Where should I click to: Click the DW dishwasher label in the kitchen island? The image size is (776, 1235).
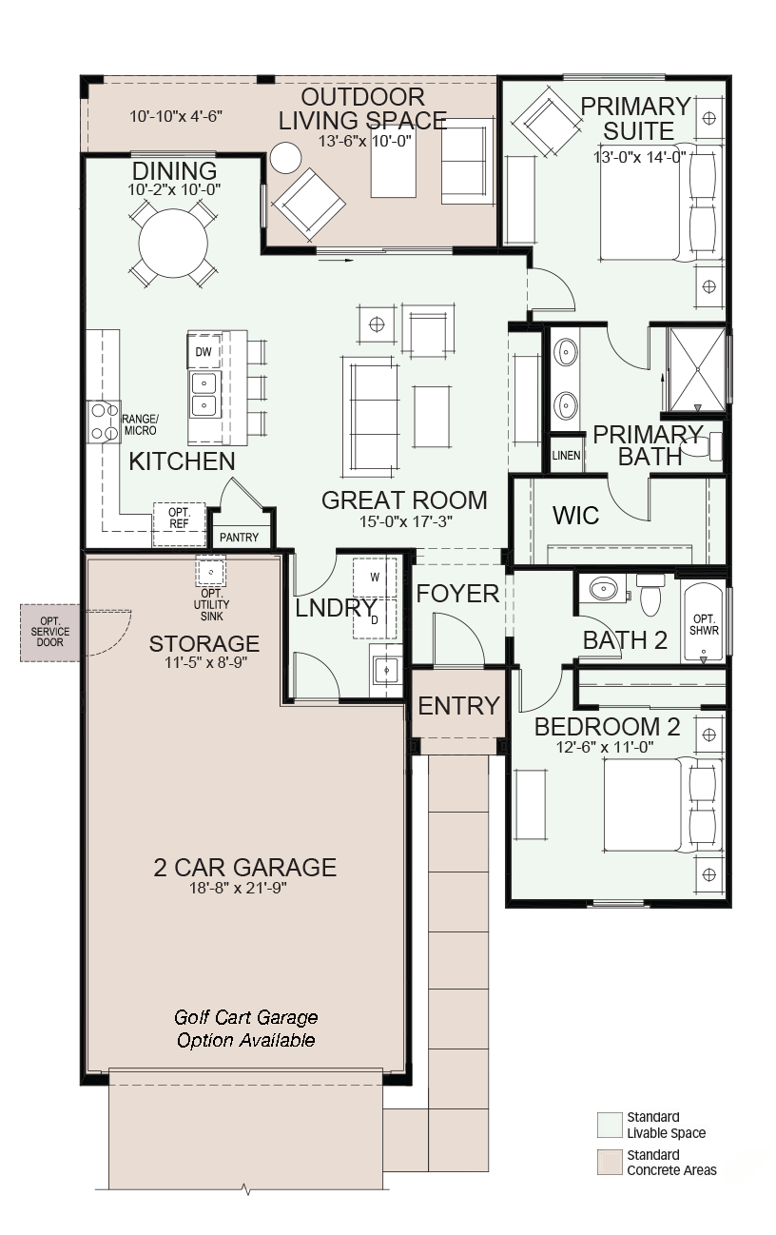[x=204, y=351]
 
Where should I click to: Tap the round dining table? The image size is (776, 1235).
[x=171, y=244]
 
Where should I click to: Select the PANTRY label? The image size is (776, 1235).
[x=239, y=537]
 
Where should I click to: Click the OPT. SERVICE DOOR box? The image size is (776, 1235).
[x=50, y=632]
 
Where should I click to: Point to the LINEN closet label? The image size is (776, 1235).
[x=566, y=456]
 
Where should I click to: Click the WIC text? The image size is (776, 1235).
[x=575, y=516]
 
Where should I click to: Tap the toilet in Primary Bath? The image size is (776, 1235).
[x=701, y=446]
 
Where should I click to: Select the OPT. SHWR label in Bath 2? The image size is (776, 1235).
[x=704, y=625]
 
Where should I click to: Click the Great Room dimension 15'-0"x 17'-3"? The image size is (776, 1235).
[x=406, y=521]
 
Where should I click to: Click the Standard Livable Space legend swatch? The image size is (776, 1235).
[x=609, y=1125]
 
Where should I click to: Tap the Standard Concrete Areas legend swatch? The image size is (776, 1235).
[x=609, y=1162]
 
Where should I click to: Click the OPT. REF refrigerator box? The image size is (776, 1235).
[x=179, y=523]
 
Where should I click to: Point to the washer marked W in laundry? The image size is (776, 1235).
[x=375, y=578]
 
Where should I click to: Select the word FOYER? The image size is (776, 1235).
[x=457, y=594]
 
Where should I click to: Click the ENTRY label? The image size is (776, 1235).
[x=458, y=705]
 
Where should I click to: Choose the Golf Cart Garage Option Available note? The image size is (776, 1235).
[x=245, y=1029]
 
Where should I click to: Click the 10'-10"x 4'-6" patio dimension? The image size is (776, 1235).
[x=176, y=116]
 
